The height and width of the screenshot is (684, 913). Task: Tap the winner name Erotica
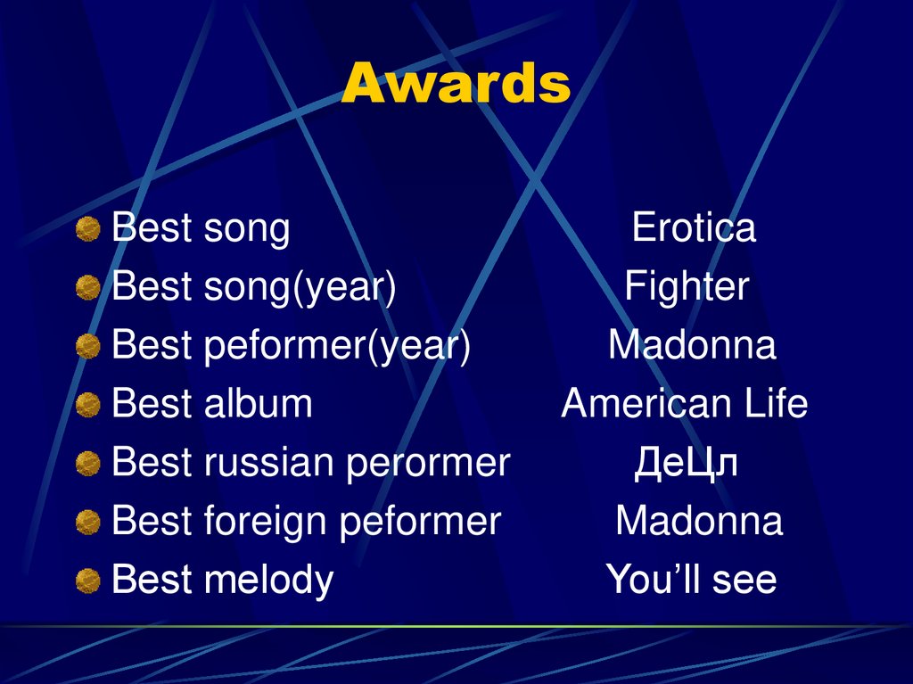pyautogui.click(x=694, y=228)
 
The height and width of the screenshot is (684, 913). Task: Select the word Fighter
pyautogui.click(x=687, y=287)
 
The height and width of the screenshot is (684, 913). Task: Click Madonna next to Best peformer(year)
pyautogui.click(x=692, y=346)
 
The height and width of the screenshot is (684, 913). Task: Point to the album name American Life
pyautogui.click(x=684, y=404)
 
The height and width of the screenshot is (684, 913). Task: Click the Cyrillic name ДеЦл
pyautogui.click(x=686, y=463)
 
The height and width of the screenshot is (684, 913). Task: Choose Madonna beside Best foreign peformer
pyautogui.click(x=699, y=521)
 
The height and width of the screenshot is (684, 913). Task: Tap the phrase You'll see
pyautogui.click(x=691, y=580)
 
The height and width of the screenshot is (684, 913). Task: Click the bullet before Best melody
pyautogui.click(x=87, y=581)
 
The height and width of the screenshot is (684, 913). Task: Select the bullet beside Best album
pyautogui.click(x=87, y=406)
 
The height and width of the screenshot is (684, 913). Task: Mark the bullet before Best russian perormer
pyautogui.click(x=87, y=465)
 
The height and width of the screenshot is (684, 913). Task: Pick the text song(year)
pyautogui.click(x=300, y=288)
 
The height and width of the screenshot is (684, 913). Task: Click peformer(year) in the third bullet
pyautogui.click(x=337, y=347)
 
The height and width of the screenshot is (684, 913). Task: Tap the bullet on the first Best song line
pyautogui.click(x=87, y=230)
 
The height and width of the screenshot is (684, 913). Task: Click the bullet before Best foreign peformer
pyautogui.click(x=87, y=523)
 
